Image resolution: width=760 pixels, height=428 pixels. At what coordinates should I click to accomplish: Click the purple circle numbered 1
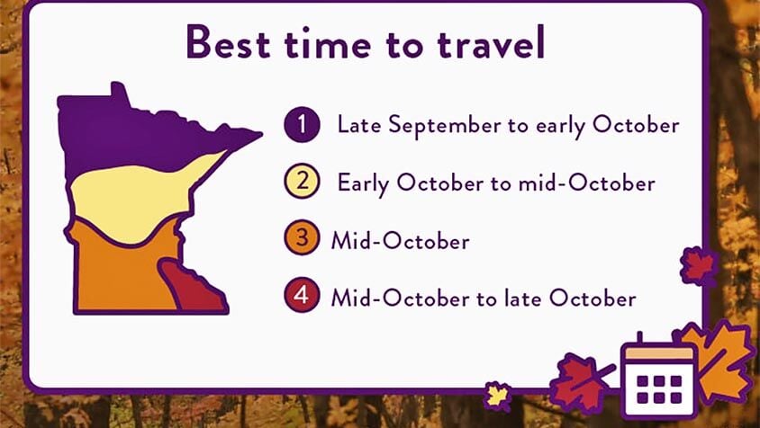(303, 125)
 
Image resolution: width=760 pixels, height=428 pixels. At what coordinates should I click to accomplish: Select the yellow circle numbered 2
(303, 183)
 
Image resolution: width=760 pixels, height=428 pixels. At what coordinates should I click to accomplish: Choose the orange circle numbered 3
(303, 240)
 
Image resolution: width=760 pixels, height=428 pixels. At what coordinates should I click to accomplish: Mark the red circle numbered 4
(303, 297)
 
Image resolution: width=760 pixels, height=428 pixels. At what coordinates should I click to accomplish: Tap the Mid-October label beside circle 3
(400, 241)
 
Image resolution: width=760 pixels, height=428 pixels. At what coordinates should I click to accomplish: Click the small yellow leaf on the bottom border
(497, 394)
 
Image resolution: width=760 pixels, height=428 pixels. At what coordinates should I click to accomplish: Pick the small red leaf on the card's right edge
(698, 267)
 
